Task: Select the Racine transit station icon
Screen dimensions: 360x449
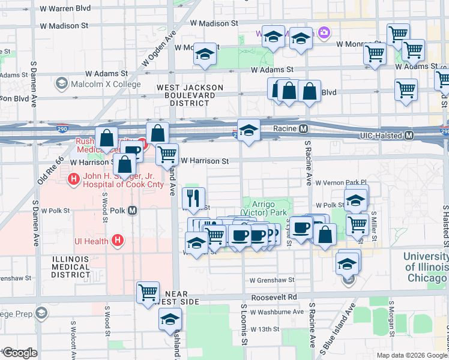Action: point(304,129)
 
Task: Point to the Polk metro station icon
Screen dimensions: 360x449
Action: point(132,211)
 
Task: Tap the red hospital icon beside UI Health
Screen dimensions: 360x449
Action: point(118,241)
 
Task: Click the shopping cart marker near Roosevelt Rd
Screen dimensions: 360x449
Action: point(148,292)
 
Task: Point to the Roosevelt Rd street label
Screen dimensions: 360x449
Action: point(275,296)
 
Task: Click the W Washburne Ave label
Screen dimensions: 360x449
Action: point(277,312)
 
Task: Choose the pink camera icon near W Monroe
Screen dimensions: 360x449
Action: point(324,32)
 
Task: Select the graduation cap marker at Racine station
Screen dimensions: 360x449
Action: point(248,130)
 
